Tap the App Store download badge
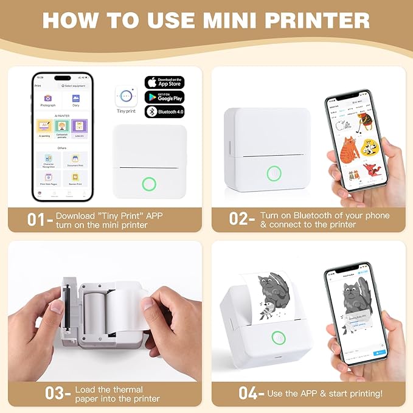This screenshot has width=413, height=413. click(x=164, y=82)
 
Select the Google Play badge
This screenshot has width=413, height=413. click(x=164, y=97)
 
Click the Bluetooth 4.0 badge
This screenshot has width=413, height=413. click(x=164, y=111)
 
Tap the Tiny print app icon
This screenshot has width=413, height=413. click(x=126, y=96)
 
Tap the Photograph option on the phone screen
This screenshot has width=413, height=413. click(x=48, y=100)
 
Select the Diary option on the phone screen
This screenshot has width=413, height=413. click(x=76, y=100)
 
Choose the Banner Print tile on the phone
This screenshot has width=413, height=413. click(x=76, y=178)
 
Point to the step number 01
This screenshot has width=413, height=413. click(x=37, y=220)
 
